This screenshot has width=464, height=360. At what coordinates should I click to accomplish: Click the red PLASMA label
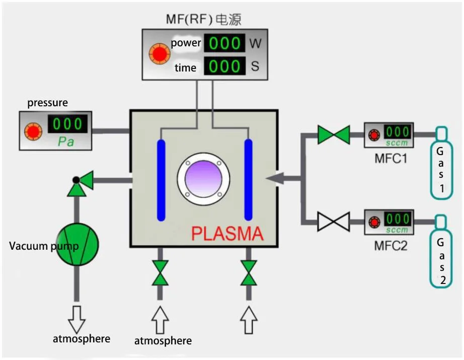[227, 234]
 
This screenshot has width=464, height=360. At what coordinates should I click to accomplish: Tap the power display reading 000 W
[224, 43]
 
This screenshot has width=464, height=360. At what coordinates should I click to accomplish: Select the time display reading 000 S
[224, 66]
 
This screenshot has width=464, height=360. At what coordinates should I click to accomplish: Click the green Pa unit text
[66, 141]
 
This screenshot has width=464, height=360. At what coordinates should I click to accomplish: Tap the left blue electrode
[161, 179]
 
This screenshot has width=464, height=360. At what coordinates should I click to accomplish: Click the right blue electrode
[248, 179]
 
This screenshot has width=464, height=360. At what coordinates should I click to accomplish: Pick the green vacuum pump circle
[77, 245]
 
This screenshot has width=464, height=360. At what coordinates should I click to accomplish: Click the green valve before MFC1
[334, 135]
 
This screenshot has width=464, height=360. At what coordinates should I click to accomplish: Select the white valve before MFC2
[334, 222]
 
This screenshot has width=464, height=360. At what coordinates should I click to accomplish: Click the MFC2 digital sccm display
[398, 219]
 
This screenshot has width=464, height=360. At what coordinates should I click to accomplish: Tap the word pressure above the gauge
[47, 103]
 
